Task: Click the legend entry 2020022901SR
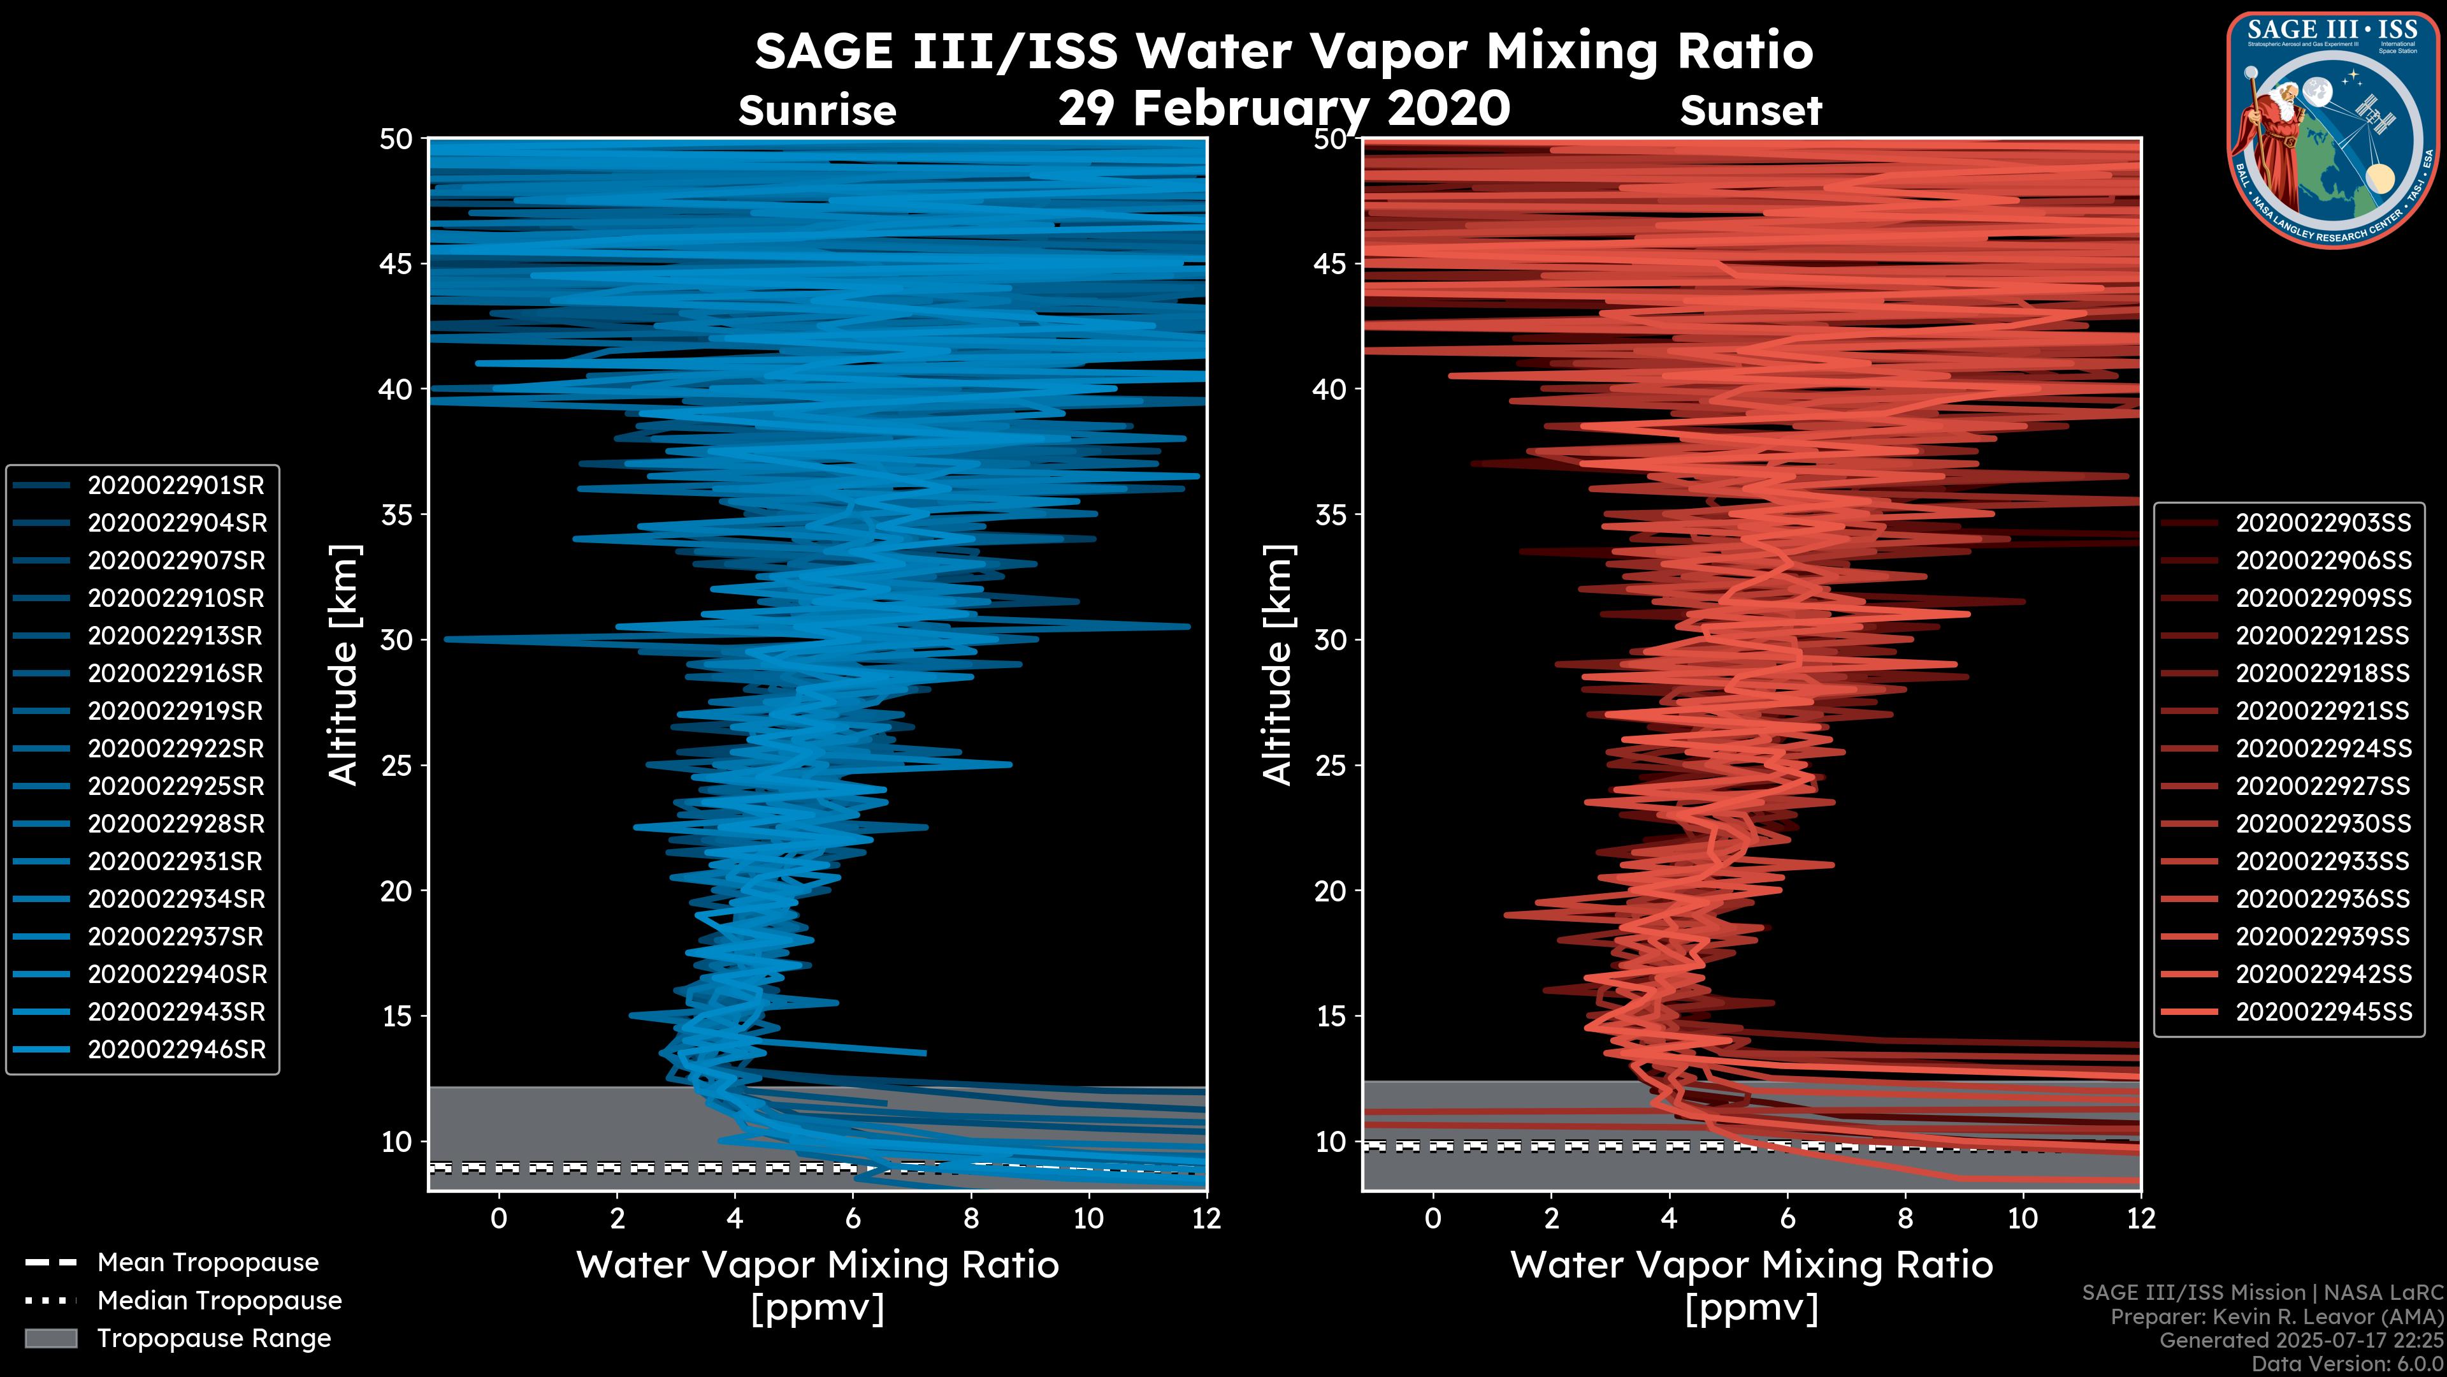176,486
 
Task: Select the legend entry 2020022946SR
176,1050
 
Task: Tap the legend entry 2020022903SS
2323,523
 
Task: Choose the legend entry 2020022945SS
2323,1012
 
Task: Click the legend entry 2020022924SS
2323,749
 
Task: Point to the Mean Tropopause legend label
207,1263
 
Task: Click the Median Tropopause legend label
219,1301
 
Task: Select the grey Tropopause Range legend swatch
50,1339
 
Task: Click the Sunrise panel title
817,111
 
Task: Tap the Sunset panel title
1750,111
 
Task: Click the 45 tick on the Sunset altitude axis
1330,264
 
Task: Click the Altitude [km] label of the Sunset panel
1278,665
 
